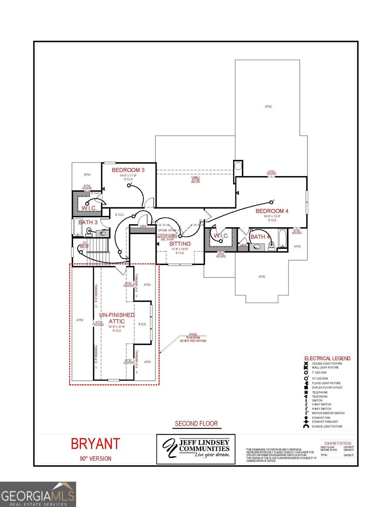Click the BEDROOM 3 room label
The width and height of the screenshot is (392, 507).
(x=128, y=170)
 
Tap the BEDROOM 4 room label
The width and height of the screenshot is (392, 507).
(x=272, y=211)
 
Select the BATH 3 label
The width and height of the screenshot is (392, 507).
(x=88, y=222)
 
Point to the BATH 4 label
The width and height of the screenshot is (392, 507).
(x=260, y=237)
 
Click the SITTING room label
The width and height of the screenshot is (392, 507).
(x=180, y=244)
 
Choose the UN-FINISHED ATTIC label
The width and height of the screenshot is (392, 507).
(x=117, y=318)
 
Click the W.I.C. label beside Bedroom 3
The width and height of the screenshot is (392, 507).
(x=89, y=208)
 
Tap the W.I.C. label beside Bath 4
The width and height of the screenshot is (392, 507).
(x=221, y=236)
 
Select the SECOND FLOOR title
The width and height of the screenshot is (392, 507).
(x=196, y=424)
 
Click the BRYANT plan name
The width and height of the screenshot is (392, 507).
(x=95, y=444)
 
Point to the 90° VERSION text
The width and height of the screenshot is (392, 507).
(x=95, y=458)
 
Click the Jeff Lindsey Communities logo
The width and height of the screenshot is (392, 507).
(x=196, y=449)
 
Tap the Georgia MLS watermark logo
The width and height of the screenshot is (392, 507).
(x=38, y=494)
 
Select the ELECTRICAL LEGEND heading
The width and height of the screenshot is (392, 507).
(x=327, y=359)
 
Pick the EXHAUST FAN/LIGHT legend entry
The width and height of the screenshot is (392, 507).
(x=325, y=422)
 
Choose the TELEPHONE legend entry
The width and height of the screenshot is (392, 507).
(x=320, y=392)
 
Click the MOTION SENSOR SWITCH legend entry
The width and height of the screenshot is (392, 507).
(x=328, y=413)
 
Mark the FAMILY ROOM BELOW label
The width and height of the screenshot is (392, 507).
(x=196, y=179)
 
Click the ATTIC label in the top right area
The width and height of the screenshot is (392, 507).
(x=268, y=107)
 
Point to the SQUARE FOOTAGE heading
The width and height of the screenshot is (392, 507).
(x=338, y=443)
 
